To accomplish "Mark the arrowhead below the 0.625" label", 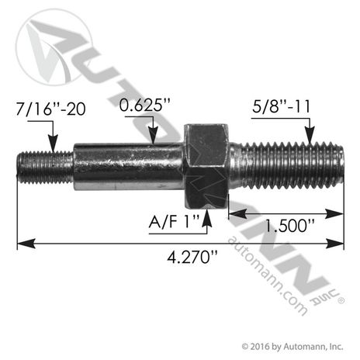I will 156,139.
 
